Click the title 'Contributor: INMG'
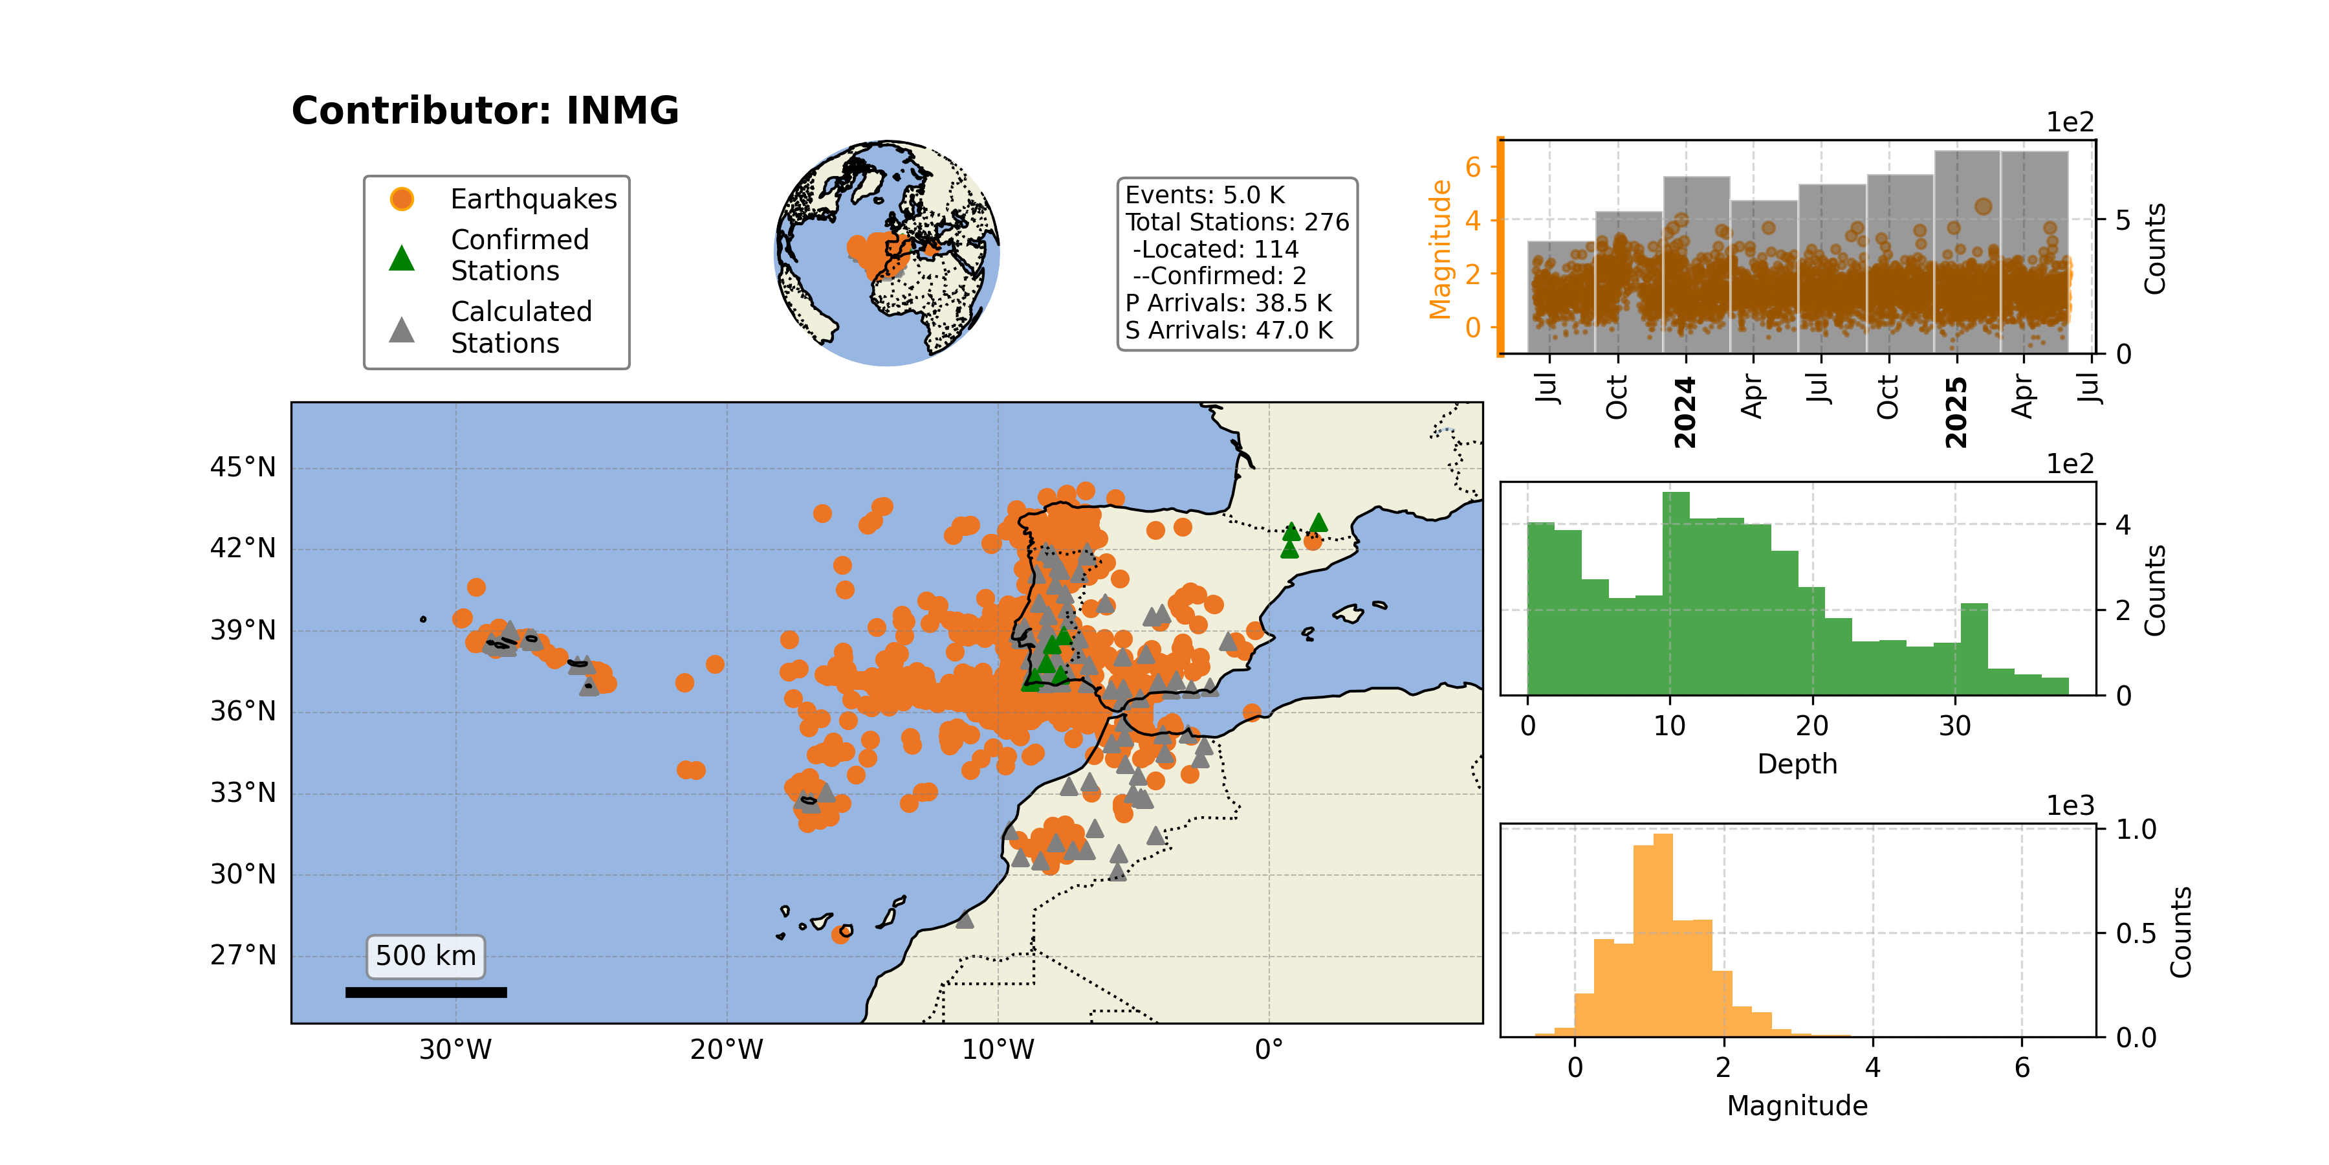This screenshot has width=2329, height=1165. (485, 110)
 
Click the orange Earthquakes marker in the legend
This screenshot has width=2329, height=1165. (401, 199)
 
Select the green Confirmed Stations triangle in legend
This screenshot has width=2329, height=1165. (401, 258)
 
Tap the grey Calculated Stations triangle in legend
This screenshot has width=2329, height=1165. (401, 329)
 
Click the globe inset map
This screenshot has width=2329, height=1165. (887, 253)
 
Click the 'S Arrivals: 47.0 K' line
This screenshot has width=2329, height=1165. (1229, 330)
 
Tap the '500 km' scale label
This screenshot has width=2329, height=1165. (426, 956)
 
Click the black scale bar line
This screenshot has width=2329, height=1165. (426, 992)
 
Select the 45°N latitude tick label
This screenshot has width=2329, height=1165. (243, 468)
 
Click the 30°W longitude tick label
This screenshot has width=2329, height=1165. (455, 1050)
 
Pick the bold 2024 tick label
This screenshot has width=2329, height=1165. (1685, 412)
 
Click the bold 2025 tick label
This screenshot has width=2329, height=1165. (1956, 412)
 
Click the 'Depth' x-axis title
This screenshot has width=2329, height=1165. (1797, 764)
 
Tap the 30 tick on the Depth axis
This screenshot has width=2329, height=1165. (1954, 726)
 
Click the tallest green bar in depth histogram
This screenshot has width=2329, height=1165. (1676, 594)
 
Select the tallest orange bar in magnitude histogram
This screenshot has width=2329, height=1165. (1663, 935)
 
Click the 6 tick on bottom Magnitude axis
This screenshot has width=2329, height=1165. (2022, 1068)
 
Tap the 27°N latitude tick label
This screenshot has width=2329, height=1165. (243, 956)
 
